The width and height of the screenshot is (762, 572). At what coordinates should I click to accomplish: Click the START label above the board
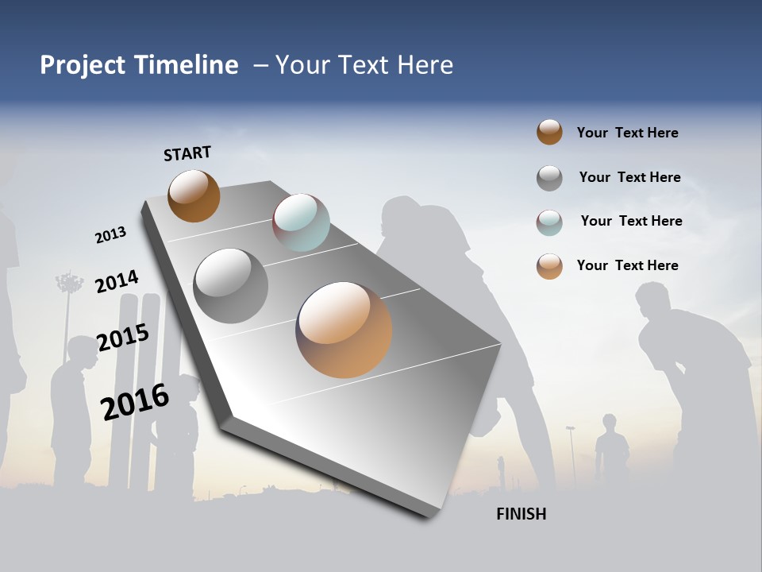coord(187,153)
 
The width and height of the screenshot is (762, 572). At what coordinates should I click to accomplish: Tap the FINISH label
coord(521,514)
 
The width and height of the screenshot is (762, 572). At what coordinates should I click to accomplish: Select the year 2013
coord(110,235)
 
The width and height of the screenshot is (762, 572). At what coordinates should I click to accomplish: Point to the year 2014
coord(117,282)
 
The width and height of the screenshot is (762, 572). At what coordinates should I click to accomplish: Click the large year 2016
coord(135,401)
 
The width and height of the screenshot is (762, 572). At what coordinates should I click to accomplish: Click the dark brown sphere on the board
coord(194,196)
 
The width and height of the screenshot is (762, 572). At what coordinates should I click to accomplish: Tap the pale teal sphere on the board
coord(301,222)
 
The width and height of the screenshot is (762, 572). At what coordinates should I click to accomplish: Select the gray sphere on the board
coord(231,286)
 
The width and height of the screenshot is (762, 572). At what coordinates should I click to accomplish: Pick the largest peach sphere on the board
coord(344,330)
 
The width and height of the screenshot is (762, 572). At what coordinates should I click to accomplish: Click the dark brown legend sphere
coord(549,132)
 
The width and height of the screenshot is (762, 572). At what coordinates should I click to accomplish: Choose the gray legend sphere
coord(549,178)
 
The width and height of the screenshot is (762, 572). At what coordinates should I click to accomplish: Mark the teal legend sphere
coord(549,222)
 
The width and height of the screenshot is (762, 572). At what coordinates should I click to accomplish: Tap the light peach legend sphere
coord(549,266)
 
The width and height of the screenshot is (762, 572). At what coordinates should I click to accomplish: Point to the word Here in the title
coord(424,65)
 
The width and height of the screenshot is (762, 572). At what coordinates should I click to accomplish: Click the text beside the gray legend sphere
coord(629,177)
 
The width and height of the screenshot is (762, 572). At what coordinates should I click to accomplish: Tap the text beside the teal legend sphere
coord(631,221)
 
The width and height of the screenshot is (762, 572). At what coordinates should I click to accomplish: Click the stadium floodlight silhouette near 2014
coord(69,284)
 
